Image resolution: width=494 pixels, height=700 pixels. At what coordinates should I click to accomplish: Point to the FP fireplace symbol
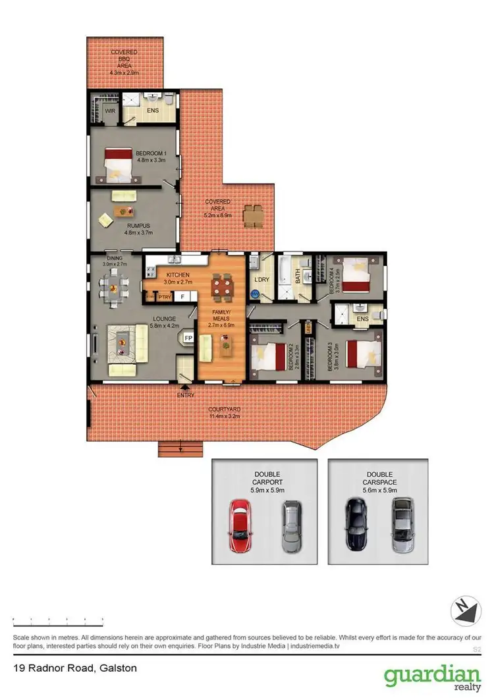pyautogui.click(x=188, y=338)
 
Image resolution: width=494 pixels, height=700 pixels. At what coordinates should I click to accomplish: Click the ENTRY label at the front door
pyautogui.click(x=186, y=395)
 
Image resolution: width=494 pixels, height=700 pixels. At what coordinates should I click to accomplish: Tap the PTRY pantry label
pyautogui.click(x=164, y=298)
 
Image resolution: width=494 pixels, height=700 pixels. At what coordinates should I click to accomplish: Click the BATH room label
pyautogui.click(x=298, y=279)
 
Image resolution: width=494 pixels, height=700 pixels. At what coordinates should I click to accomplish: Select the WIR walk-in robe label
pyautogui.click(x=111, y=112)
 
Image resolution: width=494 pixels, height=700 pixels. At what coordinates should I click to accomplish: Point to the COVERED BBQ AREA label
pyautogui.click(x=123, y=58)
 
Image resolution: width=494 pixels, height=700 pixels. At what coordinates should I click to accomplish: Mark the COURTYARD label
pyautogui.click(x=224, y=412)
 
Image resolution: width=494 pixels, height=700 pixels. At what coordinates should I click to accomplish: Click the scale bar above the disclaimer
pyautogui.click(x=58, y=620)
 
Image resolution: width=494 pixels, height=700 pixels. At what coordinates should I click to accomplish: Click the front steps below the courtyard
pyautogui.click(x=180, y=448)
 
